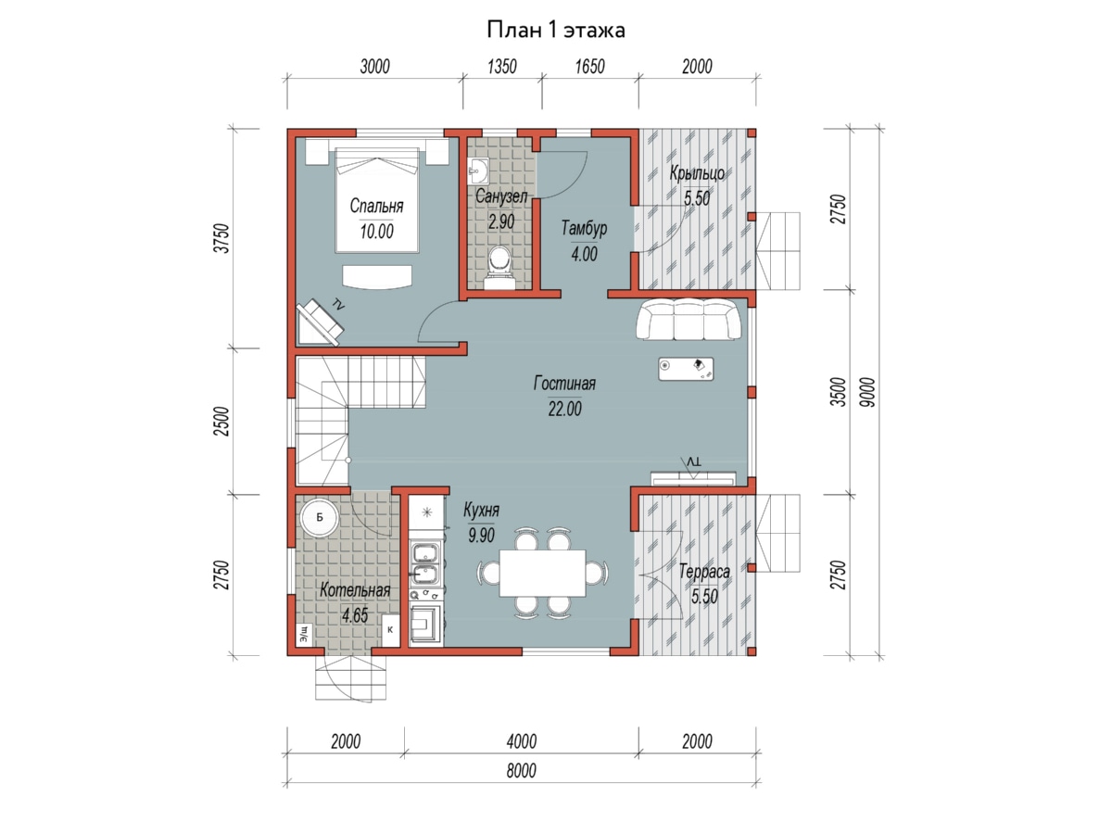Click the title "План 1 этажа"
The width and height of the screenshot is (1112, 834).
(556, 31)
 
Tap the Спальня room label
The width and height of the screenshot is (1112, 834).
(376, 206)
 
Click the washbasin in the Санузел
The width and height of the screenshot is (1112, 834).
(478, 171)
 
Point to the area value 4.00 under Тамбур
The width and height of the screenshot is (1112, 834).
(584, 254)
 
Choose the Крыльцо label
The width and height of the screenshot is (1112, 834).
(697, 173)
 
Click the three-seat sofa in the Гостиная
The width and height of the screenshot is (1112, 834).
(689, 320)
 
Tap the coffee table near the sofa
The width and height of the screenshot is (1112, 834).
(686, 369)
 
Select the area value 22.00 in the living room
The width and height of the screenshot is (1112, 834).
(565, 408)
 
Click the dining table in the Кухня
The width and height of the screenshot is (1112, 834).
(543, 574)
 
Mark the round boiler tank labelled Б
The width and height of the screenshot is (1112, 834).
(319, 517)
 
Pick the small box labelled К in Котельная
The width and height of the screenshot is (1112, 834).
(390, 630)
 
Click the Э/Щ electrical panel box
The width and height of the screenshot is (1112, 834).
(304, 634)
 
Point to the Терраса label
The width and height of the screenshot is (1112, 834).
(704, 572)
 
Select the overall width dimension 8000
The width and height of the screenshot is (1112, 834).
(522, 770)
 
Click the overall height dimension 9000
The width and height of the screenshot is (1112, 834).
(867, 392)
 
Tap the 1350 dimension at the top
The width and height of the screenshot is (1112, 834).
(502, 67)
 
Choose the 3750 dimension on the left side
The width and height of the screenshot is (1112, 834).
(222, 238)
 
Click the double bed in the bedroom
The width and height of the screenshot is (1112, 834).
(377, 200)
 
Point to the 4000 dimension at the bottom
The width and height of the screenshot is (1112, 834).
(522, 741)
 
